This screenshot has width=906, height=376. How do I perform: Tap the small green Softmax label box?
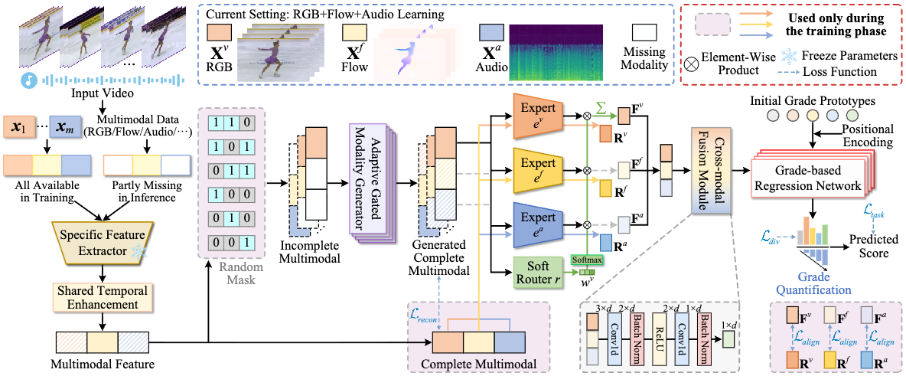click(x=586, y=260)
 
